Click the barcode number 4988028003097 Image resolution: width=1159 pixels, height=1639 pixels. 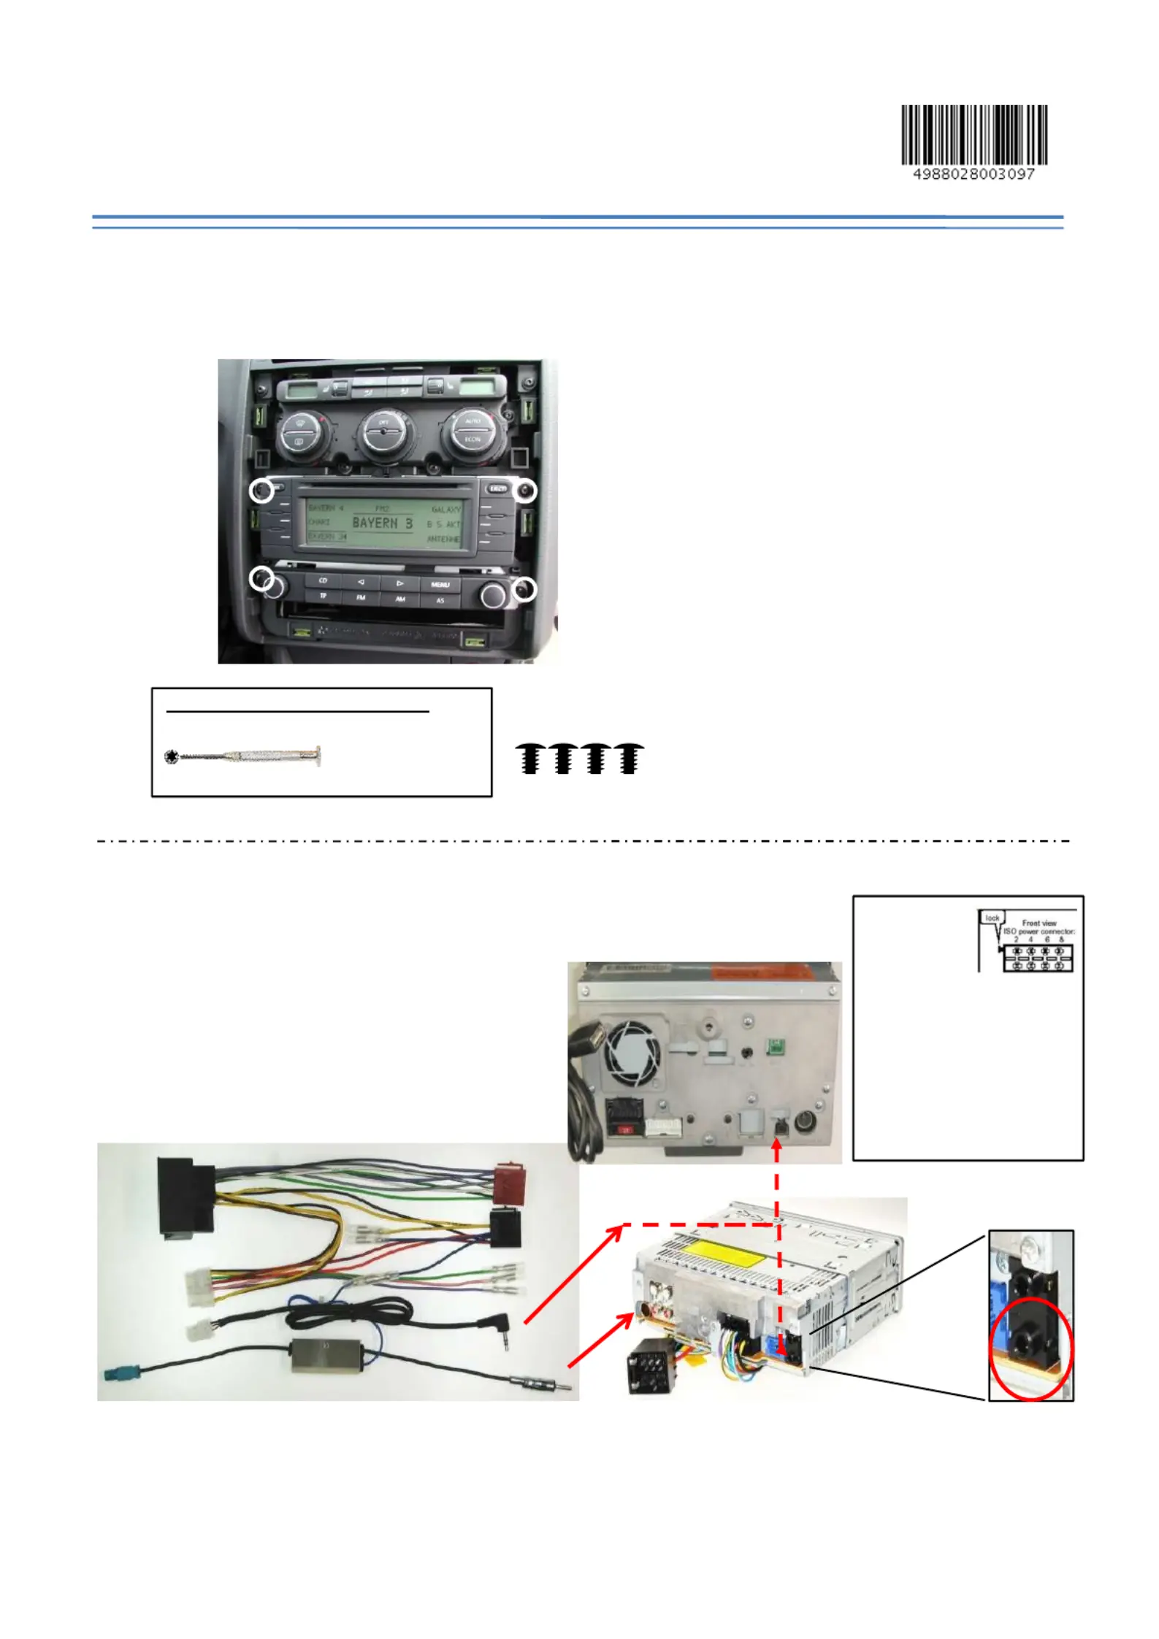click(x=974, y=174)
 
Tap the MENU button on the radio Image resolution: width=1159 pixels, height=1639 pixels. click(x=440, y=585)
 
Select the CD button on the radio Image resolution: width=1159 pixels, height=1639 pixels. click(x=323, y=580)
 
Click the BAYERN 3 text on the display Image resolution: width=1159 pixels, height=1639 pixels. click(x=382, y=523)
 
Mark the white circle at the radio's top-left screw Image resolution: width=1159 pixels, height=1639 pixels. click(x=261, y=491)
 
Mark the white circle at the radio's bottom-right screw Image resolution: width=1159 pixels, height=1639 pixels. click(x=524, y=588)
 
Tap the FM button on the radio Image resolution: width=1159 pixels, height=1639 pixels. click(x=361, y=597)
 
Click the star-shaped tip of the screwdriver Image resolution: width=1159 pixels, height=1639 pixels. click(x=172, y=757)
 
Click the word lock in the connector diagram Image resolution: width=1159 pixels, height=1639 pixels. click(x=992, y=918)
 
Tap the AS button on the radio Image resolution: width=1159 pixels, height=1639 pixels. click(x=440, y=601)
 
